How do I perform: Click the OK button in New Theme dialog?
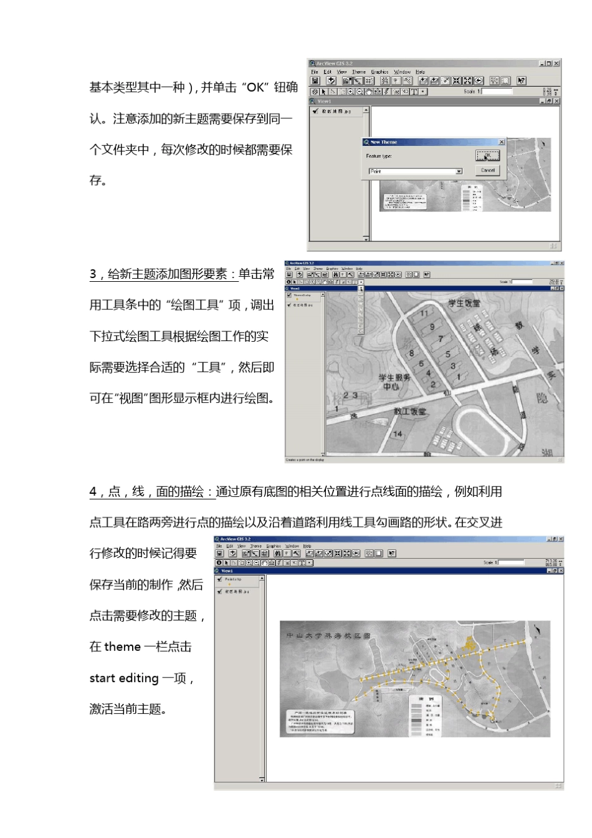click(487, 156)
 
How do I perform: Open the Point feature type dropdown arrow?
click(459, 171)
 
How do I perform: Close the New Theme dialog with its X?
click(501, 142)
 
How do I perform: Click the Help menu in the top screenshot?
click(421, 72)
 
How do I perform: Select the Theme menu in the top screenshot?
click(359, 72)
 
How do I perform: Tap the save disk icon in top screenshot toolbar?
click(315, 80)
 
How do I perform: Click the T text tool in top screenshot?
click(414, 92)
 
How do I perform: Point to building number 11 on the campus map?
click(424, 314)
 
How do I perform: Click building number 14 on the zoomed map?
click(397, 434)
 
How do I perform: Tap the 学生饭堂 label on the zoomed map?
click(464, 304)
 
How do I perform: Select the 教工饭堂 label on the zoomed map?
click(410, 412)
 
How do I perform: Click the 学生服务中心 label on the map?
click(394, 382)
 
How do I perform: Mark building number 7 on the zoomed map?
click(441, 339)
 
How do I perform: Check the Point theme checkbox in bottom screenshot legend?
click(219, 579)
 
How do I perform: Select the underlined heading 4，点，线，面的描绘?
click(152, 492)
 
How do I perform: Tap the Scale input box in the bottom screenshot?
click(512, 562)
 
